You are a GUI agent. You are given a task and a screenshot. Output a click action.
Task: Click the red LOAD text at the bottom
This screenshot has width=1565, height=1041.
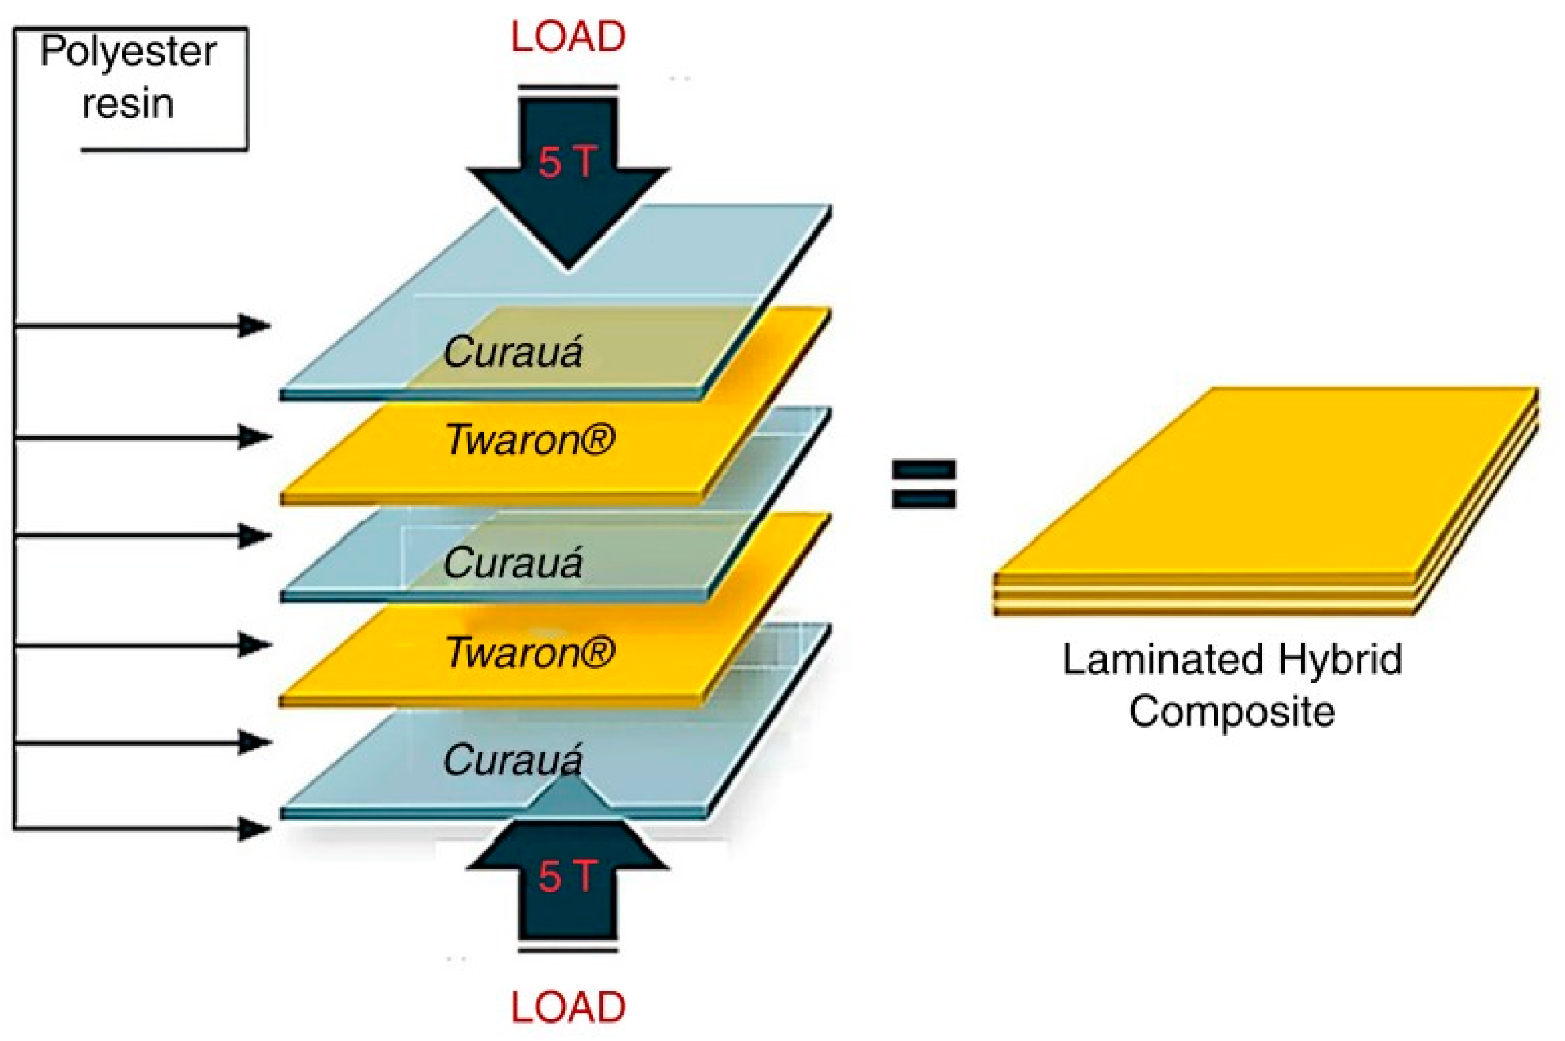pos(568,1007)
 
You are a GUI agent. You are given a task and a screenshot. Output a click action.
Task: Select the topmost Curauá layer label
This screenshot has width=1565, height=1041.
pos(513,352)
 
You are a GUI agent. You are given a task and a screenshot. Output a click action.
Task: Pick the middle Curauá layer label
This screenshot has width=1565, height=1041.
pos(513,563)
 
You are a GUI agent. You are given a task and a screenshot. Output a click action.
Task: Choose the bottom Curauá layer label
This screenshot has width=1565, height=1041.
pos(513,760)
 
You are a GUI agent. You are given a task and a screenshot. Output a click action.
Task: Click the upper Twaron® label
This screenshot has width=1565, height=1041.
pos(530,440)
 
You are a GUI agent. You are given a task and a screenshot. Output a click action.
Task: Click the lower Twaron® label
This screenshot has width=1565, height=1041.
pos(530,652)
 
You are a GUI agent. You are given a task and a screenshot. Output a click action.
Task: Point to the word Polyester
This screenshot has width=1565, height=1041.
pos(129,52)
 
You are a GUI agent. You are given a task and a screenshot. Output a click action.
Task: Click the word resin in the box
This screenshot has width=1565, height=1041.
pos(127,104)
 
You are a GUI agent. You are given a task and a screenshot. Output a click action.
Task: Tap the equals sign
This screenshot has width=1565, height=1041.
pos(924,484)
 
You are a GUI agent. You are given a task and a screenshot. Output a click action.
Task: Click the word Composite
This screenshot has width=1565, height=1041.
pos(1232,711)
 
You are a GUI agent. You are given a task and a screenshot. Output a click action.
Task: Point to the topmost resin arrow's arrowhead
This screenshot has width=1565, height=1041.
pos(254,325)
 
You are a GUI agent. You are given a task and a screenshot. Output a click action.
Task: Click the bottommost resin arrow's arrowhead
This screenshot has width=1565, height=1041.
pos(254,829)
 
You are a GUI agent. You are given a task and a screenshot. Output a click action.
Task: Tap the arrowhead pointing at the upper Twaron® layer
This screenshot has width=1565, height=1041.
pos(254,437)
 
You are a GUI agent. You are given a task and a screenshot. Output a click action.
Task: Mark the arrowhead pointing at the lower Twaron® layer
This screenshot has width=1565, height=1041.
pos(254,644)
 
